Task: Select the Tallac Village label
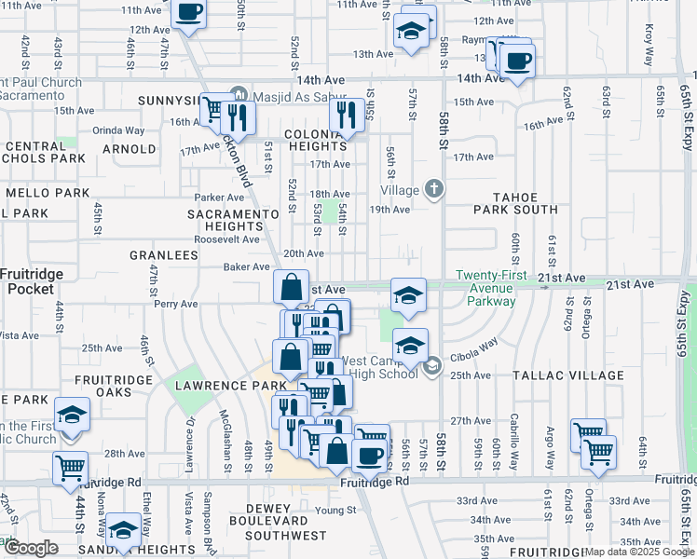pyautogui.click(x=567, y=375)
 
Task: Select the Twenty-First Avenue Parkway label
pyautogui.click(x=486, y=288)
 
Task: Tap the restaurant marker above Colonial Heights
pyautogui.click(x=346, y=116)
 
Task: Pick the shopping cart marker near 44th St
pyautogui.click(x=70, y=468)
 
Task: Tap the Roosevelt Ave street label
pyautogui.click(x=226, y=239)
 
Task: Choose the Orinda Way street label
pyautogui.click(x=118, y=131)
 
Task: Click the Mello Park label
pyautogui.click(x=46, y=193)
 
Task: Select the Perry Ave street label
pyautogui.click(x=176, y=304)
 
